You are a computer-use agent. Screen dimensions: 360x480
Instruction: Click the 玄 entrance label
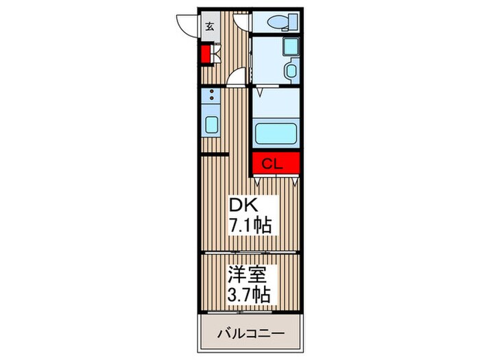pos(210,27)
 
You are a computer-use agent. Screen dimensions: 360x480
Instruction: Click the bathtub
pos(276,132)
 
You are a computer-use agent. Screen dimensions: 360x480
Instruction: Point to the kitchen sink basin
pos(212,126)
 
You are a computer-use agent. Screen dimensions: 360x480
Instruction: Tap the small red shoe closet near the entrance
pos(205,53)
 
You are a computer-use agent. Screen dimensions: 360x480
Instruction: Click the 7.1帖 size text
pos(251,224)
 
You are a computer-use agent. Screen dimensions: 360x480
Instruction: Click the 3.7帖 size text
pos(250,295)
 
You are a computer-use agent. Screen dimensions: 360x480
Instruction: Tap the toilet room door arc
pos(240,21)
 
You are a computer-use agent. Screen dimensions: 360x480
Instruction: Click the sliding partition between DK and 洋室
pos(251,253)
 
